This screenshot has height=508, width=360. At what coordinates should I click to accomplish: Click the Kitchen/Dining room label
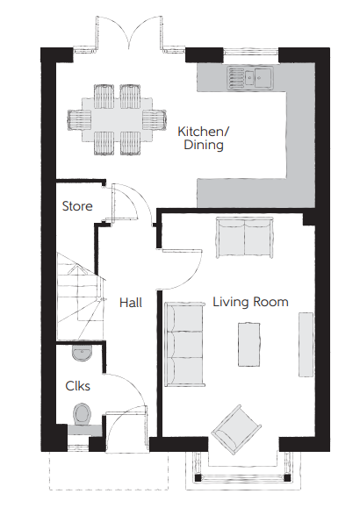pos(204,138)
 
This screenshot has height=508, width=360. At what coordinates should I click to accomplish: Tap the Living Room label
pos(250,302)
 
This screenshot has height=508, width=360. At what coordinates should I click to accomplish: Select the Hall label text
pos(131,303)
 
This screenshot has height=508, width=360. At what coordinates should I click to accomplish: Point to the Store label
pos(77,206)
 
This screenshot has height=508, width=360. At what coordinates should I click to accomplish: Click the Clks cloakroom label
pos(77,386)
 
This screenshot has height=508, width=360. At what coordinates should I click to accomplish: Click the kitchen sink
pos(250,77)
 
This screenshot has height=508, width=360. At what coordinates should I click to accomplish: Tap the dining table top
pos(117,119)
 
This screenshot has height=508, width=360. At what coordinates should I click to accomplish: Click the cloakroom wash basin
pos(82,353)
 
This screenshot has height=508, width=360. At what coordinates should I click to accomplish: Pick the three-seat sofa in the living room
pos(185,345)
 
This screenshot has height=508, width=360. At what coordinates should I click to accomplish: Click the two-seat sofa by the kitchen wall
pos(245,238)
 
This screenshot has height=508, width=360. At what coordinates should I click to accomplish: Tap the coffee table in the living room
pos(249,345)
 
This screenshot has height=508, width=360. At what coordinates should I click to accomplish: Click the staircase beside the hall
pos(79,297)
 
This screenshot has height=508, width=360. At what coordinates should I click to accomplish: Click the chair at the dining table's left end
pos(79,119)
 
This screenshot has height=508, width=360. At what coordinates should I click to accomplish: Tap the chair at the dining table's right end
pos(155,119)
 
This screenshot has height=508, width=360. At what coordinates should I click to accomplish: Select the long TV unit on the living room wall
pos(306,345)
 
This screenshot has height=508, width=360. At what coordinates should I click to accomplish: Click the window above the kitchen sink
pos(251,51)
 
